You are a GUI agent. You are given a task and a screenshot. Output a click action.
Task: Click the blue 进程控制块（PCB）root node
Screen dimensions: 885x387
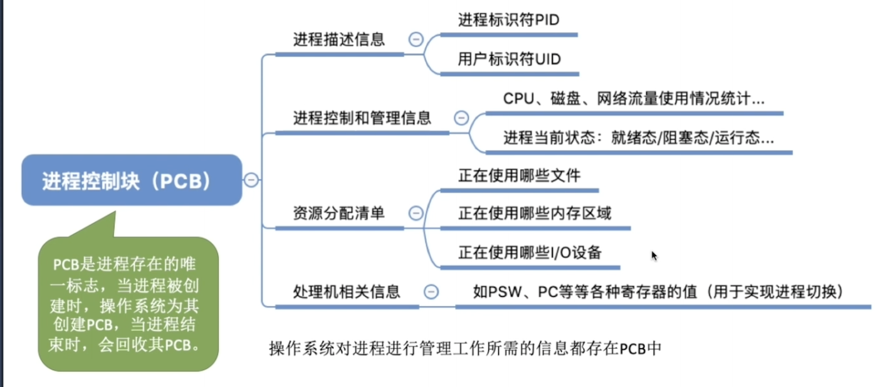pos(132,180)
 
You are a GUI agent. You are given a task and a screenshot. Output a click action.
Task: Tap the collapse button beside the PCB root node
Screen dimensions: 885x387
pos(251,180)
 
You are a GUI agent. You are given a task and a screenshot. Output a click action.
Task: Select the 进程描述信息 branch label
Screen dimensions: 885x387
pos(339,39)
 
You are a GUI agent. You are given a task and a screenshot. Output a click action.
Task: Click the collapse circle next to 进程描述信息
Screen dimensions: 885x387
pos(416,39)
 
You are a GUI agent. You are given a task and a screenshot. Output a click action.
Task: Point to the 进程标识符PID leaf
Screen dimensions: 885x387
pos(509,20)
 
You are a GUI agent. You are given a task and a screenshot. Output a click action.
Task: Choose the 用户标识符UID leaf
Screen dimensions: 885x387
pos(510,59)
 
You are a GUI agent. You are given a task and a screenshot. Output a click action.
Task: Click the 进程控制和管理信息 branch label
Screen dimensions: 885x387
pos(362,118)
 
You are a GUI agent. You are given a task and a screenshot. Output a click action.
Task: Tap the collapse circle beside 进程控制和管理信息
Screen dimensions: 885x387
pos(461,118)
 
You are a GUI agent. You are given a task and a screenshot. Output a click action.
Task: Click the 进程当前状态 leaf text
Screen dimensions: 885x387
pos(639,138)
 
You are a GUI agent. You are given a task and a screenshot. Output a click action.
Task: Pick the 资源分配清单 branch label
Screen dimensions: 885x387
pos(339,214)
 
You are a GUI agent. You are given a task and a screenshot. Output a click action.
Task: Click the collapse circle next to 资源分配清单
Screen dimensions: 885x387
pos(416,214)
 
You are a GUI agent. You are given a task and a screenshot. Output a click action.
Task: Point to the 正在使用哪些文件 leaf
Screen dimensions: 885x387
pos(520,176)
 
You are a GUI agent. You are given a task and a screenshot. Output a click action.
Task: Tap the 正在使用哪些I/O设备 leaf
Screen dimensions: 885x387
pos(530,252)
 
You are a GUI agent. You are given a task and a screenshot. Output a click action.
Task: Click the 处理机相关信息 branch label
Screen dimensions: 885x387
pos(347,292)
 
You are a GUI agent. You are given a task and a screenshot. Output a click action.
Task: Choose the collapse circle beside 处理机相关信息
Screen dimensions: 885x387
pos(431,292)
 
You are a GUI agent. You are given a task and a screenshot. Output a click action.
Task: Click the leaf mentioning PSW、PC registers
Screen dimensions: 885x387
pos(658,292)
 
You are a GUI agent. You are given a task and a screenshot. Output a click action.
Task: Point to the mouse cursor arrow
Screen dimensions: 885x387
pos(654,256)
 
